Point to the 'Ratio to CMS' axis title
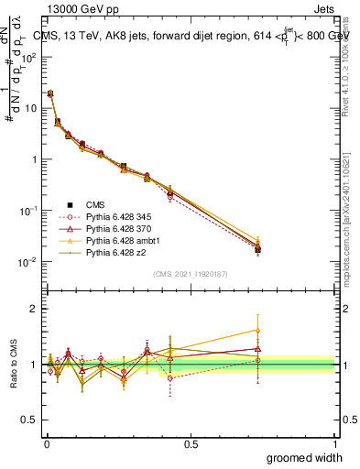(12, 365)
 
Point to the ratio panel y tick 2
(32, 309)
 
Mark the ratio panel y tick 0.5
(29, 420)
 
